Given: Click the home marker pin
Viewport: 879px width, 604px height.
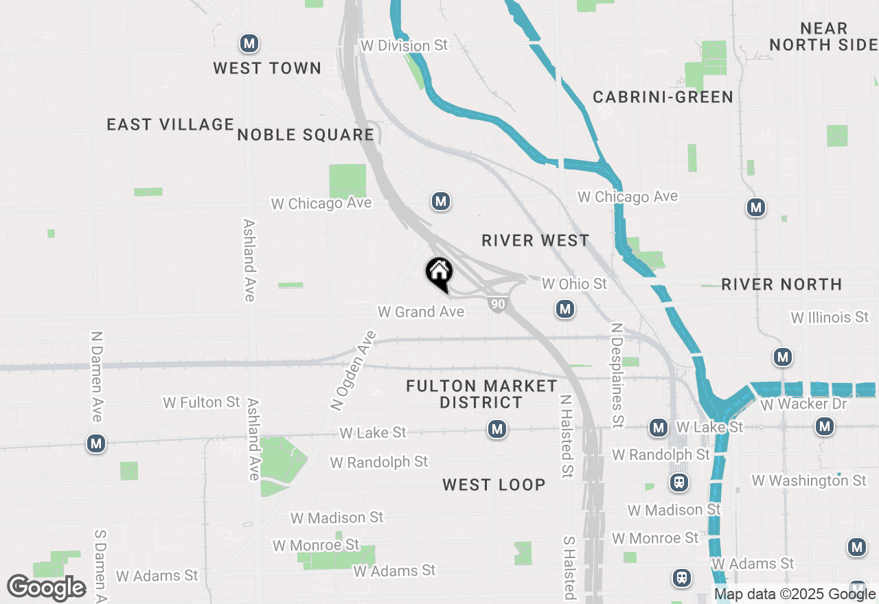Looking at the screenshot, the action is coord(439,273).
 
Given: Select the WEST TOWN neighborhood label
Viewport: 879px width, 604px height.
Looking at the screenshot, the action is coord(267,68).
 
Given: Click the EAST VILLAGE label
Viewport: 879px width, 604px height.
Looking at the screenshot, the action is coord(171,124).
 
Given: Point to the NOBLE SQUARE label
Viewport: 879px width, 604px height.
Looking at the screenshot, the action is coord(306,135).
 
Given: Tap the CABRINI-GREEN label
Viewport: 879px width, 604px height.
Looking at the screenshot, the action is coord(663,97).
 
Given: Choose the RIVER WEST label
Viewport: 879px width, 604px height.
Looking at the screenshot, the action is coord(536,240).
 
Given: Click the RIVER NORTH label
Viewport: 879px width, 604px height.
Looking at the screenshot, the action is coord(781,284).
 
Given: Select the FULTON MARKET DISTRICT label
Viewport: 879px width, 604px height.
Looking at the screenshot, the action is coord(481,394).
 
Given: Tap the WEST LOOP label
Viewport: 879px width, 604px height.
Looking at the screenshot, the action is coord(494,485).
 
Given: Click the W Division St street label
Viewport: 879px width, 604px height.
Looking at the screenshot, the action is coord(404,45).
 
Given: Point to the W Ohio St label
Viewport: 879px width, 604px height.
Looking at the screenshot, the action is coord(574,283).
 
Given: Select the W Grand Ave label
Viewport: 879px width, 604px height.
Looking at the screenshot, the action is coord(421,312).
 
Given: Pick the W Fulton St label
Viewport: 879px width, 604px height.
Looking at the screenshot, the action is coord(202,402).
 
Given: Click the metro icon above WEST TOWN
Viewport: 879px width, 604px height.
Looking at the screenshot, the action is coord(249,44).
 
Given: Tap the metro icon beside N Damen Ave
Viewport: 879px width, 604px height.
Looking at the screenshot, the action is coord(96,444).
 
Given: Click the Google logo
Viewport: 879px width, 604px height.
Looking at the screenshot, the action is coord(46,588).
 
